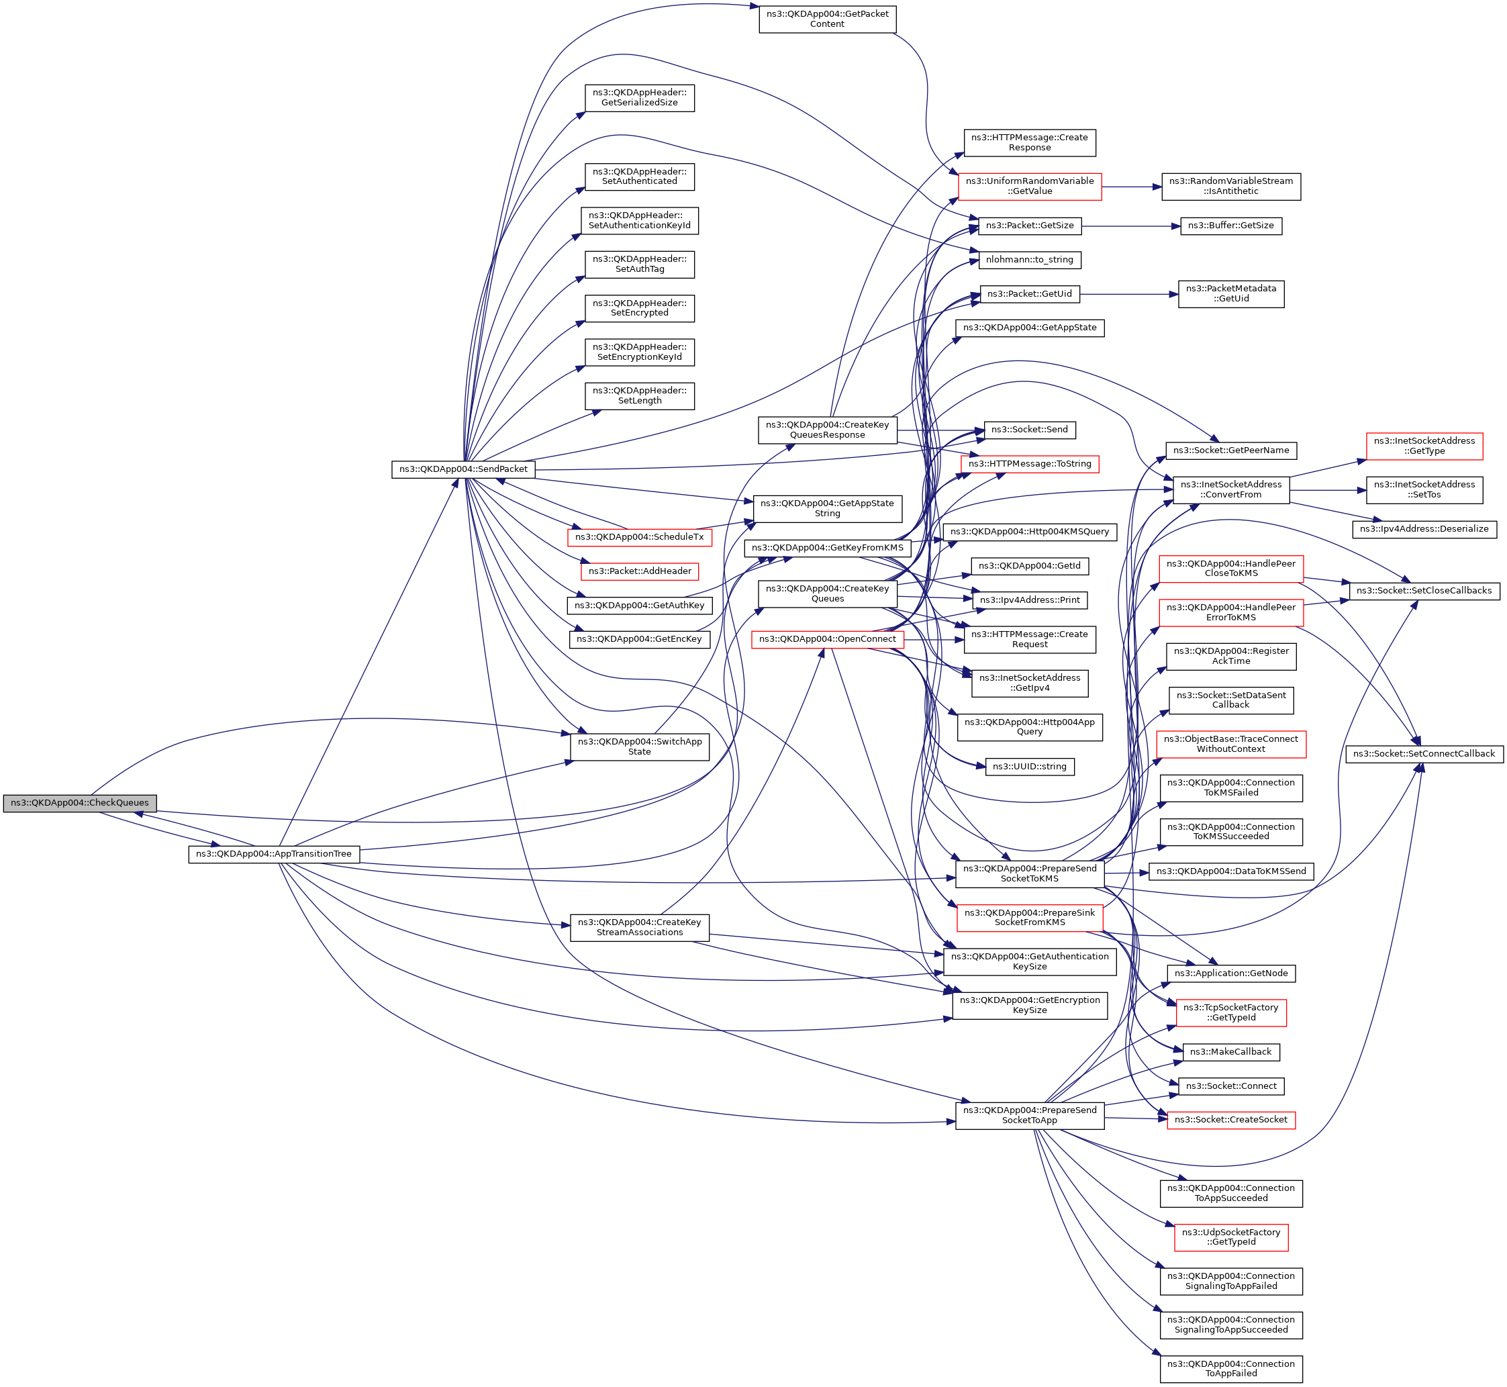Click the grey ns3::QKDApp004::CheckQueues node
(x=80, y=803)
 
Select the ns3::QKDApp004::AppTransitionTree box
(x=274, y=854)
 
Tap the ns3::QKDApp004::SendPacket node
(x=463, y=469)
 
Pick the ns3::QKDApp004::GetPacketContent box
(x=827, y=19)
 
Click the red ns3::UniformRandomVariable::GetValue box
(x=1029, y=186)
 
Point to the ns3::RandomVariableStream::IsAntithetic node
(x=1231, y=186)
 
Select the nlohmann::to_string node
(x=1029, y=260)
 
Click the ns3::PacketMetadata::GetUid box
(x=1231, y=293)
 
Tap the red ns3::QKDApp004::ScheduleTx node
(x=640, y=537)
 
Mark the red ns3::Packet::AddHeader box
(x=640, y=571)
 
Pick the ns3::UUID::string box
(x=1029, y=766)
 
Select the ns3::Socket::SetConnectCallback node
(x=1424, y=753)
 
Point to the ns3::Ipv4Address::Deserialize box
(x=1424, y=528)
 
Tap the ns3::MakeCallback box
(x=1231, y=1051)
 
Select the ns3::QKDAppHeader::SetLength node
(x=640, y=395)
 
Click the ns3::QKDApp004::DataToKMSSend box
(x=1231, y=871)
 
